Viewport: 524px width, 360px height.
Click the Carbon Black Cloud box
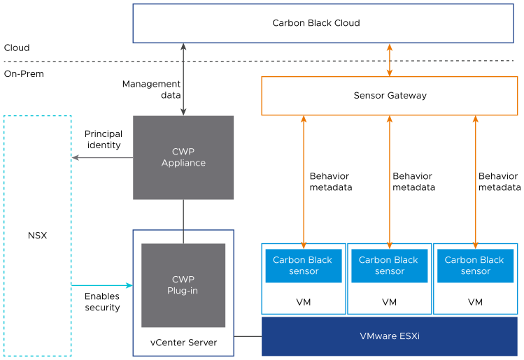pyautogui.click(x=316, y=23)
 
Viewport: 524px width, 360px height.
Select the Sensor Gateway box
pyautogui.click(x=390, y=96)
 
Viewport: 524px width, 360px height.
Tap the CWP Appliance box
pyautogui.click(x=183, y=157)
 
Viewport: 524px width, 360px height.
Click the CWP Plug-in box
pyautogui.click(x=183, y=285)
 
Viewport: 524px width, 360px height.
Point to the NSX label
pyautogui.click(x=37, y=236)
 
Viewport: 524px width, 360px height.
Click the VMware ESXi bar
pyautogui.click(x=390, y=336)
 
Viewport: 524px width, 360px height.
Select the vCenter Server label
pyautogui.click(x=183, y=343)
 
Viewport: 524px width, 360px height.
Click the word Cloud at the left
pyautogui.click(x=17, y=48)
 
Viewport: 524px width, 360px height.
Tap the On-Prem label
pyautogui.click(x=24, y=73)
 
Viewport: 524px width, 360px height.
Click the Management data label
pyautogui.click(x=151, y=89)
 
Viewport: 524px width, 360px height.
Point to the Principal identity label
pyautogui.click(x=103, y=139)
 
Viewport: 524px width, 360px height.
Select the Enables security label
pyautogui.click(x=102, y=302)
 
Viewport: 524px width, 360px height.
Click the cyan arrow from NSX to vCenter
pyautogui.click(x=102, y=285)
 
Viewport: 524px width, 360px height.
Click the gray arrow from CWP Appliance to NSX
pyautogui.click(x=102, y=157)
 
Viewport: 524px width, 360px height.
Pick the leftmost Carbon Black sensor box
pyautogui.click(x=304, y=266)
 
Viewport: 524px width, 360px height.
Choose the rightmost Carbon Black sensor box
pyautogui.click(x=475, y=266)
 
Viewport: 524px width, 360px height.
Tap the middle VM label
pyautogui.click(x=390, y=303)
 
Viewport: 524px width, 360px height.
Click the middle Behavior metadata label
pyautogui.click(x=413, y=182)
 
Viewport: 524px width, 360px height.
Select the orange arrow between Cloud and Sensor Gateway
pyautogui.click(x=390, y=60)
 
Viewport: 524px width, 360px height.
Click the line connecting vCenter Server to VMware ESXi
pyautogui.click(x=248, y=336)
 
